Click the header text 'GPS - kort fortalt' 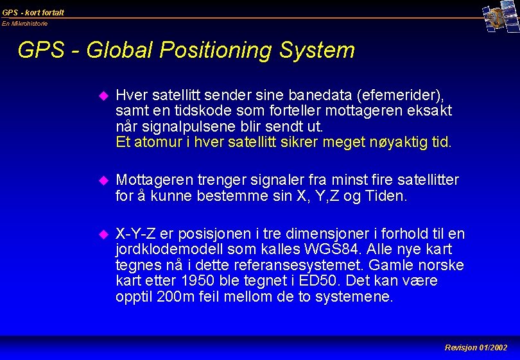coord(33,12)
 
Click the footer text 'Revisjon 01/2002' coord(476,347)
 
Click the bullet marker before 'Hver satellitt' coord(101,96)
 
